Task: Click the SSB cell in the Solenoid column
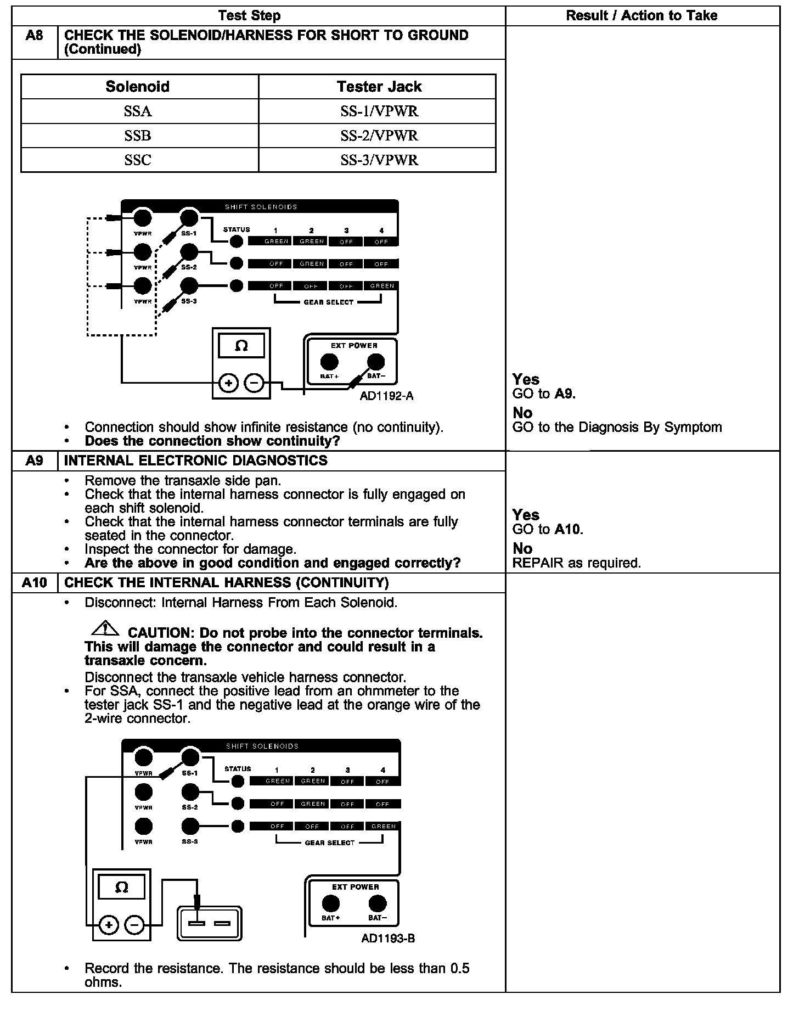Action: click(x=137, y=136)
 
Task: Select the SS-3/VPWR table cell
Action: click(x=379, y=160)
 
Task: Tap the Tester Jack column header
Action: click(x=379, y=87)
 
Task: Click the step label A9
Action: click(x=34, y=460)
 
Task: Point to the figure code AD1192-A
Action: click(x=386, y=396)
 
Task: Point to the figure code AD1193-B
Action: click(x=388, y=938)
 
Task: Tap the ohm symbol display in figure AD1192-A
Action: click(x=241, y=346)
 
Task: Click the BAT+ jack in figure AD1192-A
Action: click(x=329, y=362)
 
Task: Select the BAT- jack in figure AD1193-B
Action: click(x=377, y=903)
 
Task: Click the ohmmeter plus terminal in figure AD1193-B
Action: click(x=109, y=925)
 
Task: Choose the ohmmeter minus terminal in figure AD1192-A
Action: click(x=254, y=383)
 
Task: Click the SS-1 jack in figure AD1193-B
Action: click(x=190, y=757)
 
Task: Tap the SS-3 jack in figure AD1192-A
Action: click(x=189, y=285)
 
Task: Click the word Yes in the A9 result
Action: click(x=526, y=515)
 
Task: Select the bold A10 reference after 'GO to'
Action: click(x=568, y=529)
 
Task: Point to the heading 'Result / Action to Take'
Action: click(x=642, y=15)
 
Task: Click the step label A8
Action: click(x=34, y=36)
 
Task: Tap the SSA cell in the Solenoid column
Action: click(x=137, y=111)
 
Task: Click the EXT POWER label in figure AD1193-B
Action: click(x=355, y=886)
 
